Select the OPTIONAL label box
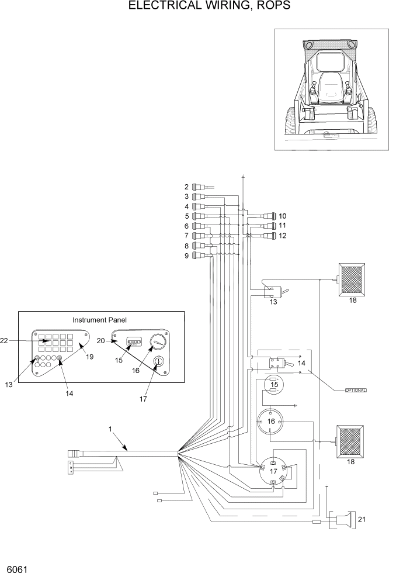click(x=350, y=390)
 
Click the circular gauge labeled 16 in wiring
click(x=270, y=420)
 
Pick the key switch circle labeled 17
click(x=273, y=471)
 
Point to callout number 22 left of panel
click(x=5, y=341)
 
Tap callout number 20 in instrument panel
click(x=100, y=340)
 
